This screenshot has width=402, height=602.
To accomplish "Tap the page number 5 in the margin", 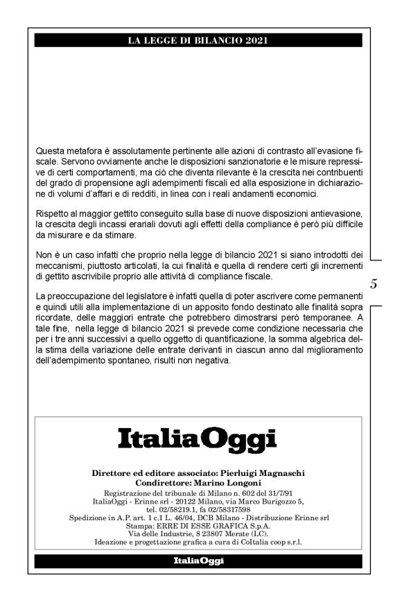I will pyautogui.click(x=374, y=283).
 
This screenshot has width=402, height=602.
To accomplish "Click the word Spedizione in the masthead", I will pyautogui.click(x=89, y=517).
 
